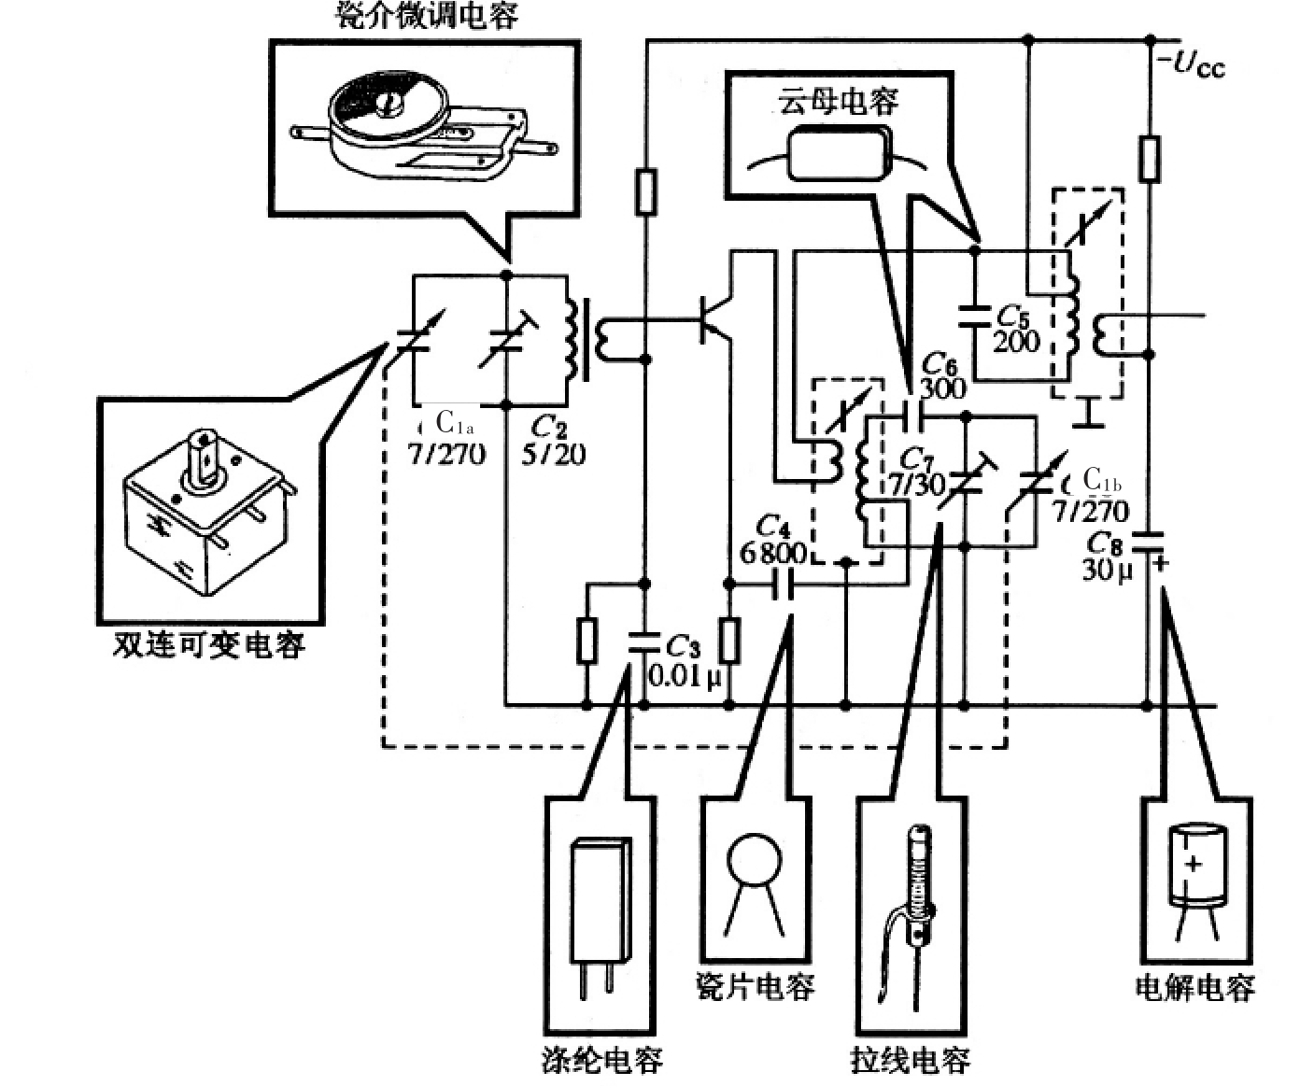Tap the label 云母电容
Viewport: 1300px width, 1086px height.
pos(839,100)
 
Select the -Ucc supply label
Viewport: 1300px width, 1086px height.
pos(1190,64)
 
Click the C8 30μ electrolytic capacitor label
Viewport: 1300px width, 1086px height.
pos(1108,557)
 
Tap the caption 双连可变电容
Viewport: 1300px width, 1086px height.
pos(209,645)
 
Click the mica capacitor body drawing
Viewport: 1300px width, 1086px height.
pos(838,154)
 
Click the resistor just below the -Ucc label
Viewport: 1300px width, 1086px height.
pos(1150,158)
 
